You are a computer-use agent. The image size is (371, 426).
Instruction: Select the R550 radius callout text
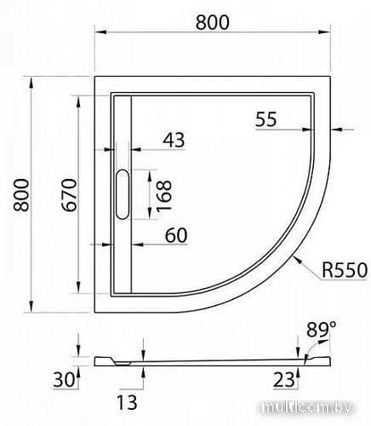(x=344, y=270)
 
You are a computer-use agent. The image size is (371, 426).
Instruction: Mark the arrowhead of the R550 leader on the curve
(x=292, y=256)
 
